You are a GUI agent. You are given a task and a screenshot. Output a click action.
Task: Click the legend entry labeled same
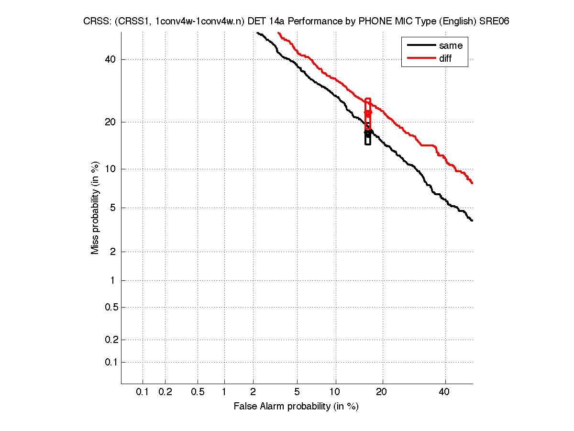[451, 45]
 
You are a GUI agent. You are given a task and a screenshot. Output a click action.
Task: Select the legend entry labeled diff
[445, 58]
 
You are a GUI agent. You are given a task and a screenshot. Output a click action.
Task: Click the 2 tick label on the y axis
[113, 252]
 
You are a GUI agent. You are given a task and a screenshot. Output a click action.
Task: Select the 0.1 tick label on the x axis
[143, 392]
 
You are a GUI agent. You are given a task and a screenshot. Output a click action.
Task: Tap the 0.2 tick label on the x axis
[165, 392]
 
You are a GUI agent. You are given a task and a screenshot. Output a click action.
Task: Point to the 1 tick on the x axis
[224, 392]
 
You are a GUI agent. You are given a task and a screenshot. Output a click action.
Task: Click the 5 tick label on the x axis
[297, 392]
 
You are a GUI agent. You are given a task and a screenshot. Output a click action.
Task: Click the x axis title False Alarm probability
[296, 407]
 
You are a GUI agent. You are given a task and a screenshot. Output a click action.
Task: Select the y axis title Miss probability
[96, 207]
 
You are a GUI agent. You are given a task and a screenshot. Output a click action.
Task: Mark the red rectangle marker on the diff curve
[368, 113]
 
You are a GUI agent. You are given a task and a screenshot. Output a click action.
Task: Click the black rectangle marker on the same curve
[368, 136]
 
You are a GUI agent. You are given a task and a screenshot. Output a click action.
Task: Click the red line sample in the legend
[419, 58]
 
